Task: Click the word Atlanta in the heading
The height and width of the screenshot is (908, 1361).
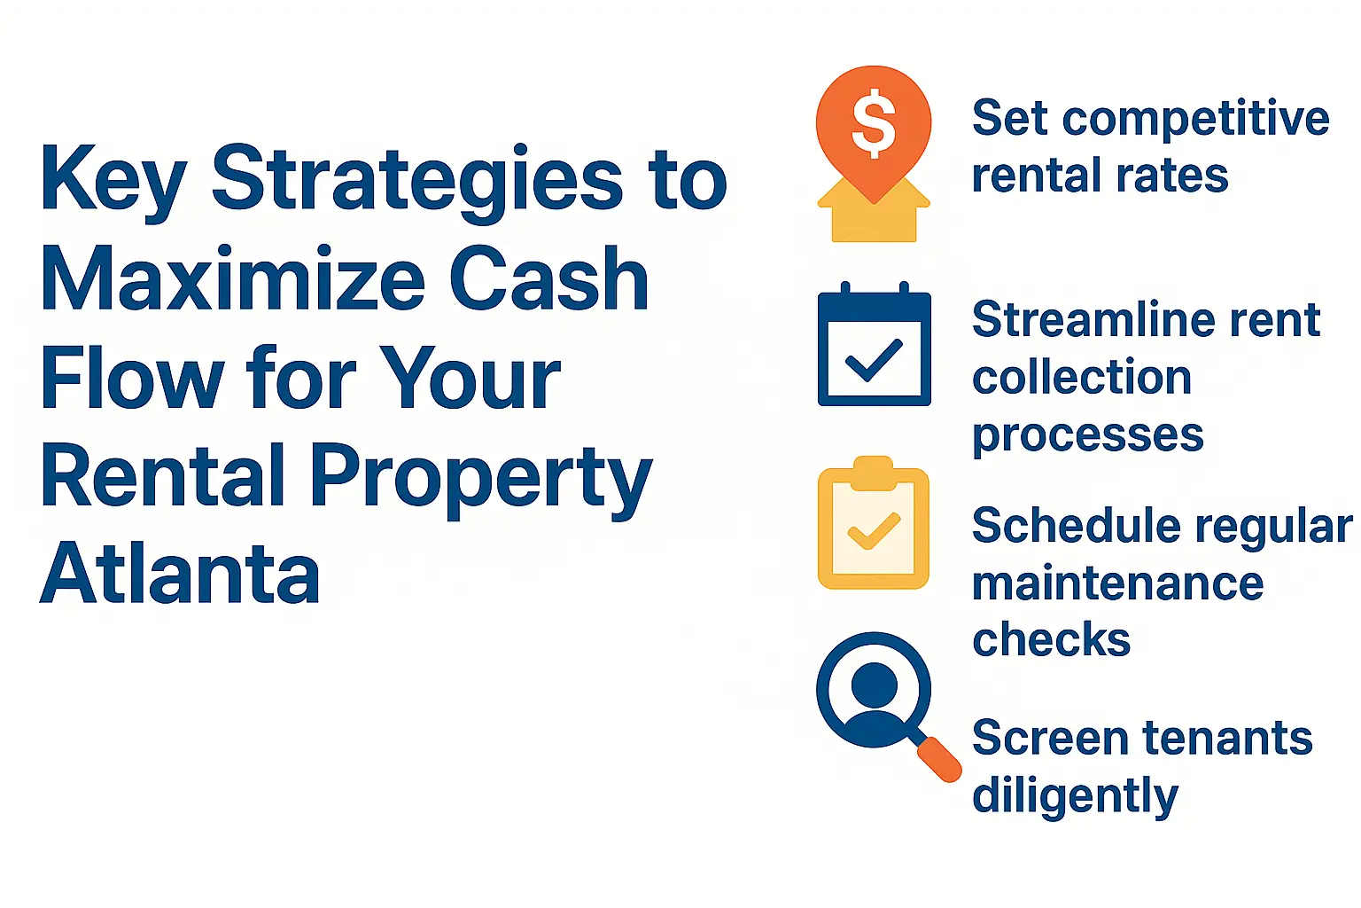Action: [180, 574]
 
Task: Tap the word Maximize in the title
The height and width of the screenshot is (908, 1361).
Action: [233, 279]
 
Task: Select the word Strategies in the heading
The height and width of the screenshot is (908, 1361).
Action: [416, 180]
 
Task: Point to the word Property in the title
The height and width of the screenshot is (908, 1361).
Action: [480, 479]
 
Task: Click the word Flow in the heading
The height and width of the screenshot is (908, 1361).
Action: [131, 379]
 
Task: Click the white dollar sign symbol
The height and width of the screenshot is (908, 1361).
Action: [874, 123]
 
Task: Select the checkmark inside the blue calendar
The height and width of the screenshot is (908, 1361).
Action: [874, 360]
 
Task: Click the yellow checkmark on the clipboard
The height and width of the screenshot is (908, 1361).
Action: [874, 531]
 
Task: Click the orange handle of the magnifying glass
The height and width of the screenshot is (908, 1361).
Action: [939, 760]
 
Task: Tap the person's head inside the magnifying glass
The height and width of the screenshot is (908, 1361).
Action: [874, 684]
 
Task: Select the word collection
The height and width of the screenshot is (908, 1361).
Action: [1082, 378]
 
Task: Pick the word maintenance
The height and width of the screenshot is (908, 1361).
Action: [1117, 583]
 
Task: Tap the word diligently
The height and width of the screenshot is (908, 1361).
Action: [1075, 795]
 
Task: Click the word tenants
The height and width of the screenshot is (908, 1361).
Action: [1227, 738]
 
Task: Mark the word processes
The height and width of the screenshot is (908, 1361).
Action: [1087, 436]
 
